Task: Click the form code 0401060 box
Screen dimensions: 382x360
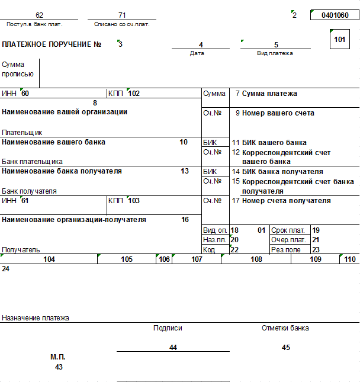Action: pyautogui.click(x=335, y=15)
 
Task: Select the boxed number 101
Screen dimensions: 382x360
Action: pyautogui.click(x=339, y=40)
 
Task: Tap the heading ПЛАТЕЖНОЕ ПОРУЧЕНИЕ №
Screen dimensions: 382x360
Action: pyautogui.click(x=52, y=44)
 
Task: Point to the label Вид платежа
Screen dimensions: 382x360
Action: pyautogui.click(x=275, y=53)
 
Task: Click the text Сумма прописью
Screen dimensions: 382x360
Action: pyautogui.click(x=18, y=69)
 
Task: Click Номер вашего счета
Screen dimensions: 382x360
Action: pyautogui.click(x=278, y=113)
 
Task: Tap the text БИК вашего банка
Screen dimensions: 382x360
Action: pyautogui.click(x=274, y=143)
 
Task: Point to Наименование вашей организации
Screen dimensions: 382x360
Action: pyautogui.click(x=65, y=112)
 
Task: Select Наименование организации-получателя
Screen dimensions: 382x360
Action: pyautogui.click(x=74, y=220)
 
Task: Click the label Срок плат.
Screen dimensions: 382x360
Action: pyautogui.click(x=288, y=230)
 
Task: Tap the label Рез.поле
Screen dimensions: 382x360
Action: pyautogui.click(x=286, y=250)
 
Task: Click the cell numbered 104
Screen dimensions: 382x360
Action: pyautogui.click(x=49, y=259)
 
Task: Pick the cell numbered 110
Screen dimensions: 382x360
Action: pyautogui.click(x=350, y=259)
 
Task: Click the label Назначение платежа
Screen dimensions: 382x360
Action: pyautogui.click(x=36, y=318)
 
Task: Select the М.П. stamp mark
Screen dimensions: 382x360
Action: pyautogui.click(x=57, y=357)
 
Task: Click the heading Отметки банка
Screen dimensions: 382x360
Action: pyautogui.click(x=285, y=328)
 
